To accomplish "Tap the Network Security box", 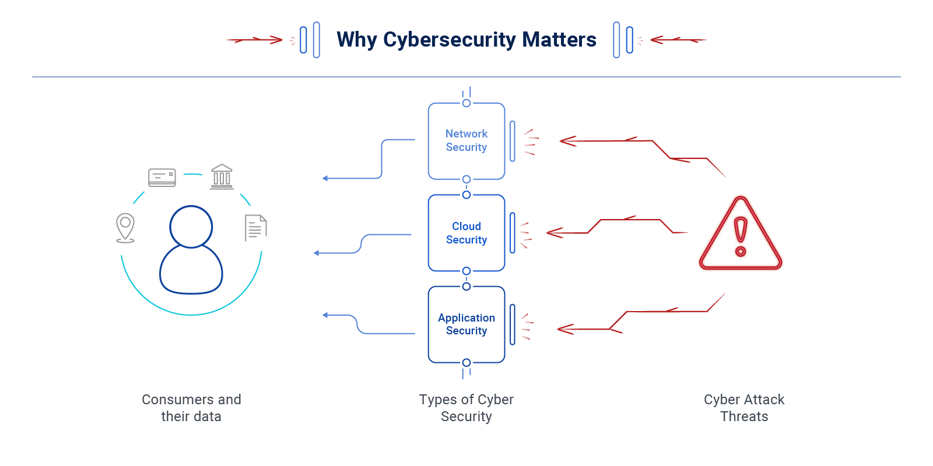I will tap(466, 141).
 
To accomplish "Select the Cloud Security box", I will tap(466, 233).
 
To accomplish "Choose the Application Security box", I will tap(466, 324).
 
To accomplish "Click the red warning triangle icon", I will tap(740, 235).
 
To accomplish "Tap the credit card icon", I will tap(162, 177).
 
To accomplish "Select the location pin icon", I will tap(125, 227).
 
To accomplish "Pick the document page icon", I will tap(255, 228).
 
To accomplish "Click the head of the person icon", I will tap(191, 227).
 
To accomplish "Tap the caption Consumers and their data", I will tap(191, 408).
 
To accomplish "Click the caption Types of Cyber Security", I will tap(466, 408).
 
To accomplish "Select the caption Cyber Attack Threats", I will tap(744, 408).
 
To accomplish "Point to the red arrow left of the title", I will tap(255, 40).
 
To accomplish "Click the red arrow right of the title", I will tap(678, 40).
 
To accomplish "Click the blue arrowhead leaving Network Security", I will tap(325, 178).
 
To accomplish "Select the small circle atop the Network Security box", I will tap(466, 103).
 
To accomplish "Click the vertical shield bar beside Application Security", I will tap(513, 324).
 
